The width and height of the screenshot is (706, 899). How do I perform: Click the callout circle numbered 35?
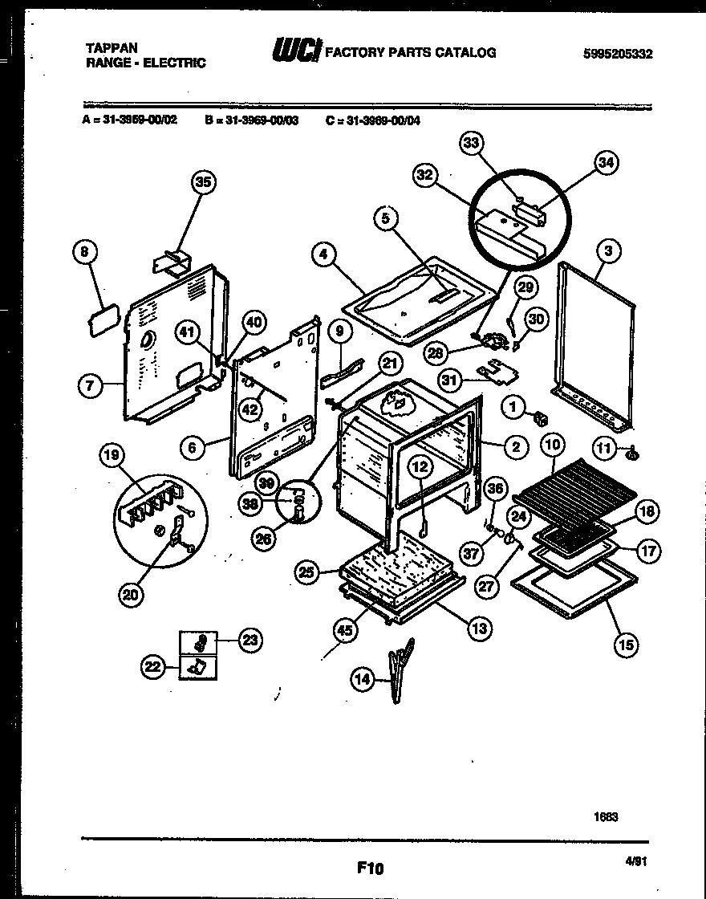(x=204, y=183)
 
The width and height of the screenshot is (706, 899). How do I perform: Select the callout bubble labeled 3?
(x=609, y=252)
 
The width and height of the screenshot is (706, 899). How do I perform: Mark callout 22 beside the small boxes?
(x=153, y=665)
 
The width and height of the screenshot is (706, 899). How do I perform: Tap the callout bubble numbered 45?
(x=344, y=631)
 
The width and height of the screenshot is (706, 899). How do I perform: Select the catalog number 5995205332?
(x=617, y=55)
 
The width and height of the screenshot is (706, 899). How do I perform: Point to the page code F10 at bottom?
(x=370, y=868)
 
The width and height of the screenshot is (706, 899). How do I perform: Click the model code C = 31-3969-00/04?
(x=373, y=121)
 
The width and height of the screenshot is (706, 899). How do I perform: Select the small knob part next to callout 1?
(x=541, y=417)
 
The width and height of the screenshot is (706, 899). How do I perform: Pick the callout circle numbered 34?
(x=607, y=163)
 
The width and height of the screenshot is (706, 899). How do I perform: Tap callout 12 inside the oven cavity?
(x=421, y=465)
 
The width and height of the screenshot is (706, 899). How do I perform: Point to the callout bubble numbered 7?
(x=90, y=386)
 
